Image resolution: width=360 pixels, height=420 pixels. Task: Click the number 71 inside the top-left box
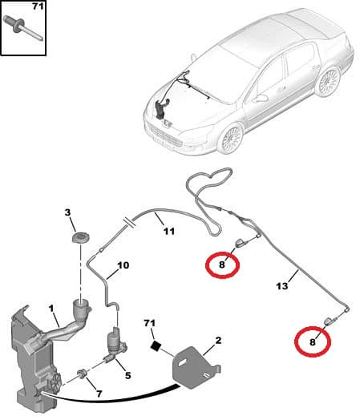point(36,8)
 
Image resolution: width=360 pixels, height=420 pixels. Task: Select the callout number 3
point(69,212)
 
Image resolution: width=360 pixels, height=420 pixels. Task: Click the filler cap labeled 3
point(80,239)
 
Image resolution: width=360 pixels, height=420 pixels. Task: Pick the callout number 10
point(123,265)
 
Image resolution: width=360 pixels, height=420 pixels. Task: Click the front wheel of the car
point(229,139)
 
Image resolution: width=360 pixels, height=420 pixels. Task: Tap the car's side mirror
point(261,98)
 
